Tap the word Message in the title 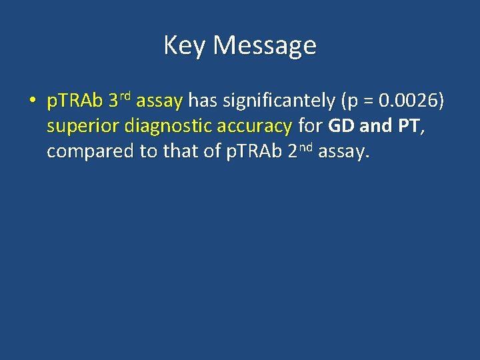[265, 46]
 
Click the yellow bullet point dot [31, 102]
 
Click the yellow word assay [159, 102]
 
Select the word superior [83, 127]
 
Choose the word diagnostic [168, 127]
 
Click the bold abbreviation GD [342, 126]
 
